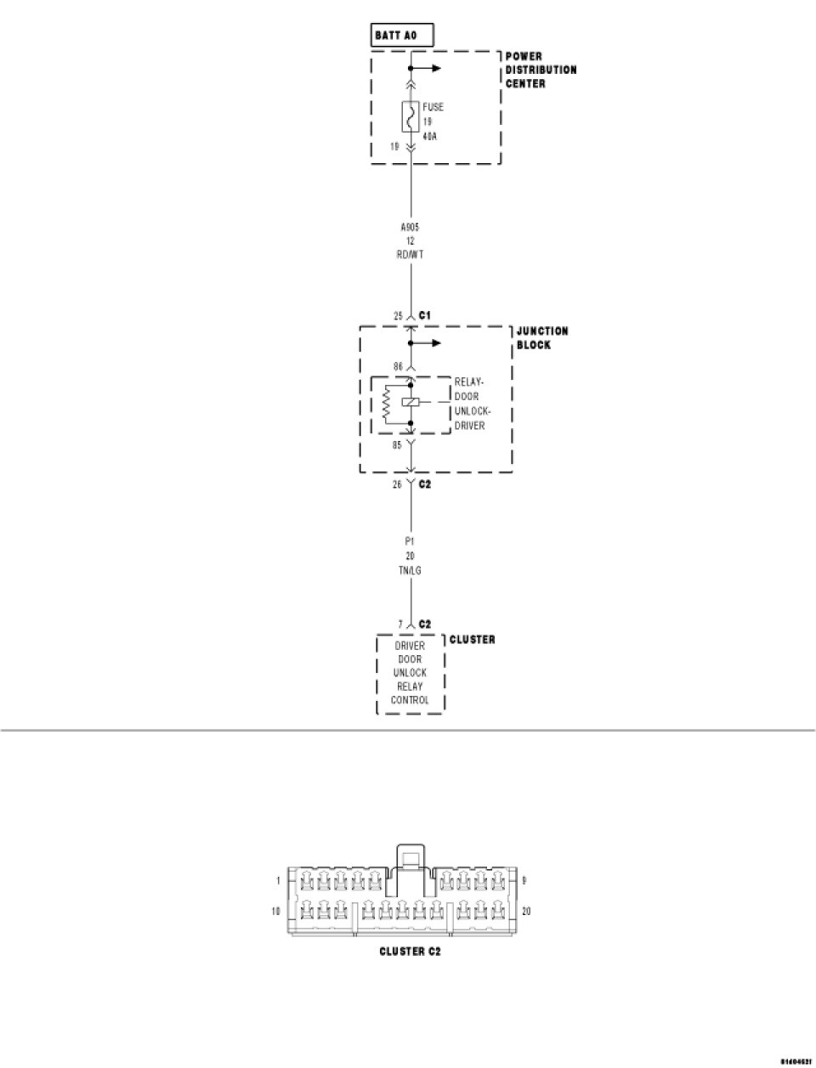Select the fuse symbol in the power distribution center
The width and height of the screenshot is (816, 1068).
click(411, 116)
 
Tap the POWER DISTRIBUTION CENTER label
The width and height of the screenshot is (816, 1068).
click(541, 70)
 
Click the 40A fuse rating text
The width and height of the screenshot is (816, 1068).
click(430, 135)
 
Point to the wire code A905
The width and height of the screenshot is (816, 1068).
click(411, 227)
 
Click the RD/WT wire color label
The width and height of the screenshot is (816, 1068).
click(411, 254)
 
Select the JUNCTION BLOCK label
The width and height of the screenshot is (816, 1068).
click(542, 337)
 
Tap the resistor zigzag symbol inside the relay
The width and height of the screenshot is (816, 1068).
click(387, 404)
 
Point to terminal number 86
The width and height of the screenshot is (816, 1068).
click(397, 367)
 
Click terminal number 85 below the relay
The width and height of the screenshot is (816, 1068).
click(397, 444)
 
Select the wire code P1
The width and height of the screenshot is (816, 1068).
click(411, 540)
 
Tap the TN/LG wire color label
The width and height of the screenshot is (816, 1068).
click(411, 570)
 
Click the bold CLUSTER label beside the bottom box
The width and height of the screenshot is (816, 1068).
click(472, 639)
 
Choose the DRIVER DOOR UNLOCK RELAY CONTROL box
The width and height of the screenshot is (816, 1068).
click(411, 673)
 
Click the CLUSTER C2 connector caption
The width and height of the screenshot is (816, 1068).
click(410, 951)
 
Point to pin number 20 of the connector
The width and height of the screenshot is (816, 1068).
click(526, 911)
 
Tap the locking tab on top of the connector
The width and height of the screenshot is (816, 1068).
click(410, 856)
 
